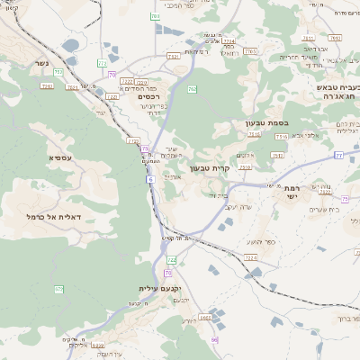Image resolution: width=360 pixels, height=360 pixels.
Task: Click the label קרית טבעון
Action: (x=212, y=167)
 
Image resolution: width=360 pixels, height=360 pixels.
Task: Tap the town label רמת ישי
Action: (x=292, y=193)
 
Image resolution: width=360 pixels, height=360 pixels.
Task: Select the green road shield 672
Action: (x=59, y=289)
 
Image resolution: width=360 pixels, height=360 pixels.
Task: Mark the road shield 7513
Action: (x=281, y=136)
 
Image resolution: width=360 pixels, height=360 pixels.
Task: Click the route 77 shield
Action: (x=338, y=156)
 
